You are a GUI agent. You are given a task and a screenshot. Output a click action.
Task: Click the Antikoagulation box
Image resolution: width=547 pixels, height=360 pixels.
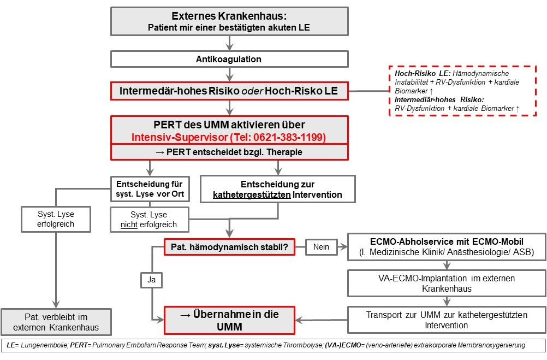pos(229,59)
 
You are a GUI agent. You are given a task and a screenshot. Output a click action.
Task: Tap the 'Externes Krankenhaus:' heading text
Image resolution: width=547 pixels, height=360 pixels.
pos(229,16)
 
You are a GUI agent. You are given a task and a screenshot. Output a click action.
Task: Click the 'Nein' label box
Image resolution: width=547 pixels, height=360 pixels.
pos(321,247)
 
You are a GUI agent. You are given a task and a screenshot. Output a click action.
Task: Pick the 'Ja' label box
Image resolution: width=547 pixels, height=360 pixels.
pos(151,280)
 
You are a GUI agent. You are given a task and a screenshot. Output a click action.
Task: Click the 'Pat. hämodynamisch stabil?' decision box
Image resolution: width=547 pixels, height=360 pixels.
pos(229,247)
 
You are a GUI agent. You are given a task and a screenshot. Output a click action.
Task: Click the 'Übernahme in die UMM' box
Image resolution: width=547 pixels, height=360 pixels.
pos(229,320)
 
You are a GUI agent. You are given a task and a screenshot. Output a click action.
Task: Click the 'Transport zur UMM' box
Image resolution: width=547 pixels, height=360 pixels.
pos(447,320)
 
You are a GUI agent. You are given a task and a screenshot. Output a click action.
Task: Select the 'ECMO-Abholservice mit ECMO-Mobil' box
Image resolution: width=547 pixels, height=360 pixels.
pos(447,247)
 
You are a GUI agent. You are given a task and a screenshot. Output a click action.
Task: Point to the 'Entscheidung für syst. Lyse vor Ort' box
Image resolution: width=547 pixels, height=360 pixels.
pos(150,188)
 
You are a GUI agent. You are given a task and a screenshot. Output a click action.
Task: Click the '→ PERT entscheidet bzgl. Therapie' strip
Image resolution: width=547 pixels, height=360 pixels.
pos(229,152)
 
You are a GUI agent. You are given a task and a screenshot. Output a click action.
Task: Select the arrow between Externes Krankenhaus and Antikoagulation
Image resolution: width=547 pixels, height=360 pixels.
pos(229,43)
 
